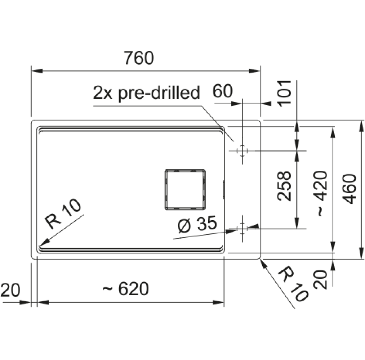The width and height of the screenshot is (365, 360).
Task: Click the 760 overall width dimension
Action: (139, 58)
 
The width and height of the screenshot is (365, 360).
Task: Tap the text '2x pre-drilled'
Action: (147, 93)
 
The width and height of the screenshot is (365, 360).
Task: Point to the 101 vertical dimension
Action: (285, 94)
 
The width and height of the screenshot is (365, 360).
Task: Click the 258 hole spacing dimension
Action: (284, 186)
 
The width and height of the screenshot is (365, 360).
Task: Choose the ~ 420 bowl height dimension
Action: (322, 194)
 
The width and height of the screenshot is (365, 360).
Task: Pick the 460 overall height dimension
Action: (349, 189)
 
